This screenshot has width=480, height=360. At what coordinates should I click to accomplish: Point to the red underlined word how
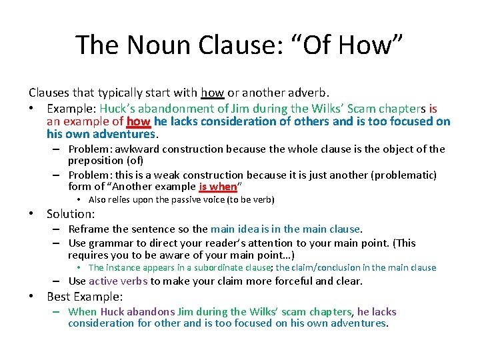[x=138, y=121]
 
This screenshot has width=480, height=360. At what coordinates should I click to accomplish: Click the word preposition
[x=96, y=161]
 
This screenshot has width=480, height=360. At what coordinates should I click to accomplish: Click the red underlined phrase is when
[x=218, y=187]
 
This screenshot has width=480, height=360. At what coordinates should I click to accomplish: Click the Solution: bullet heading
[x=71, y=214]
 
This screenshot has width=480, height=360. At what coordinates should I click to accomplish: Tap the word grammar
[x=115, y=243]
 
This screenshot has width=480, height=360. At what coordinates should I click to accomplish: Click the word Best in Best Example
[x=59, y=297]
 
